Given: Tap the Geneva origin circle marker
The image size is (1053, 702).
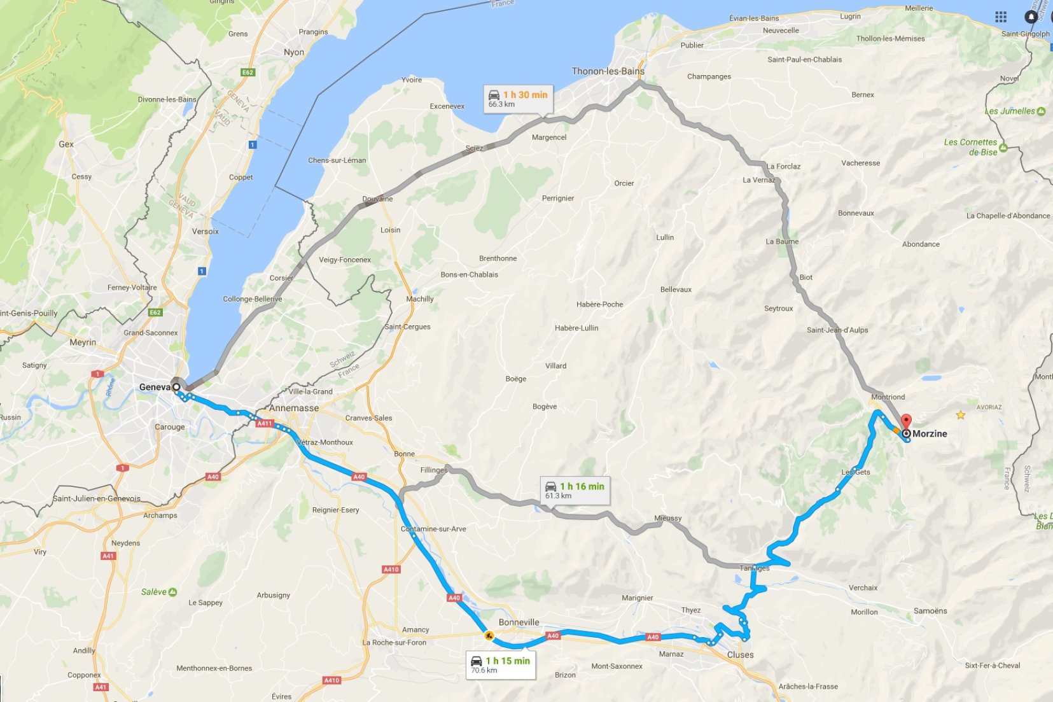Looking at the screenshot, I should (176, 386).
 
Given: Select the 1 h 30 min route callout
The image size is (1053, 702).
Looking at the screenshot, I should (518, 99).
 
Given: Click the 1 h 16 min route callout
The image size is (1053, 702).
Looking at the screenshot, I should (575, 490).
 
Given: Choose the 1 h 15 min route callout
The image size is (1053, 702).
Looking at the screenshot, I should (500, 664).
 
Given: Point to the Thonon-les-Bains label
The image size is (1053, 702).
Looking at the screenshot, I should (608, 71).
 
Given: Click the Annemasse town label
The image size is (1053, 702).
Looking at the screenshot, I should (294, 408).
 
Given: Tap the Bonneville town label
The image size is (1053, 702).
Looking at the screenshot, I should (519, 622).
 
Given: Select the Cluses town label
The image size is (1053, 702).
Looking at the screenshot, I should (740, 655).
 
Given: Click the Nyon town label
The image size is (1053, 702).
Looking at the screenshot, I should (293, 52).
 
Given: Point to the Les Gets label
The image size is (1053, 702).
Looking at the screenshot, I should (855, 472).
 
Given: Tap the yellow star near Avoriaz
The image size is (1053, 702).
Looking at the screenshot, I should (960, 415).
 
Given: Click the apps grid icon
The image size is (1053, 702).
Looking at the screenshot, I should (1001, 17).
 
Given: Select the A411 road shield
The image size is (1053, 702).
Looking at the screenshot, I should (264, 423).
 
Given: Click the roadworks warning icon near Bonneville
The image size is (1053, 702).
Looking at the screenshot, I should (489, 635).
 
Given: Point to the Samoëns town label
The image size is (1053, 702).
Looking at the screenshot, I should (930, 611).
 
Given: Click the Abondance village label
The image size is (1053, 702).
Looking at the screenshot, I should (920, 244).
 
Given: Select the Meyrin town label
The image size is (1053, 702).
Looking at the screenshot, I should (83, 342).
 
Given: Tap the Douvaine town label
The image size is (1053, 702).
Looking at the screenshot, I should (377, 199).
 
